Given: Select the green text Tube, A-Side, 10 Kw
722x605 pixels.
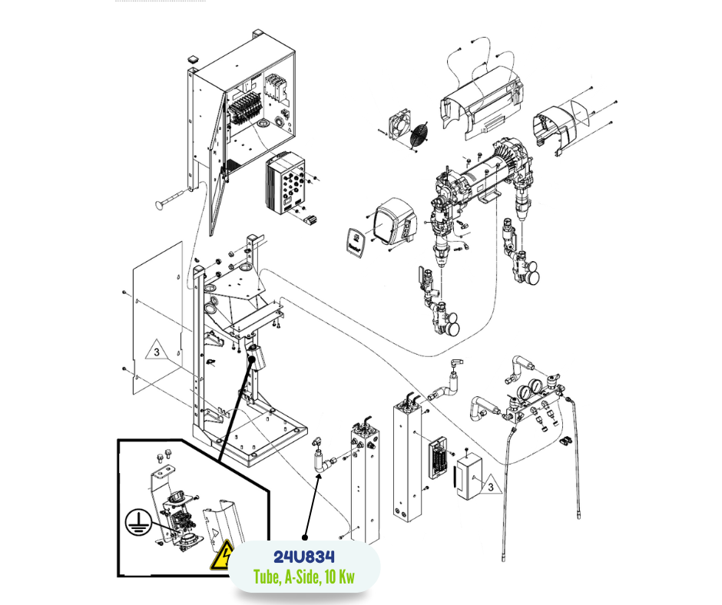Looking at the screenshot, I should coord(304,577).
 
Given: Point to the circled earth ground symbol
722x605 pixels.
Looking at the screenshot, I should coord(137,523).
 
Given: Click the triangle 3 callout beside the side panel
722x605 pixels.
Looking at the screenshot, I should coord(156,352).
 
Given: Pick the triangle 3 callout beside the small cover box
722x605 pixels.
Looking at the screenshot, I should coord(489,484).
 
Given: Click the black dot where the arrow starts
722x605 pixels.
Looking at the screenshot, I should coord(305,537).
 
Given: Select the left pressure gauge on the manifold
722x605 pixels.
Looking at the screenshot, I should coord(522,393).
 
